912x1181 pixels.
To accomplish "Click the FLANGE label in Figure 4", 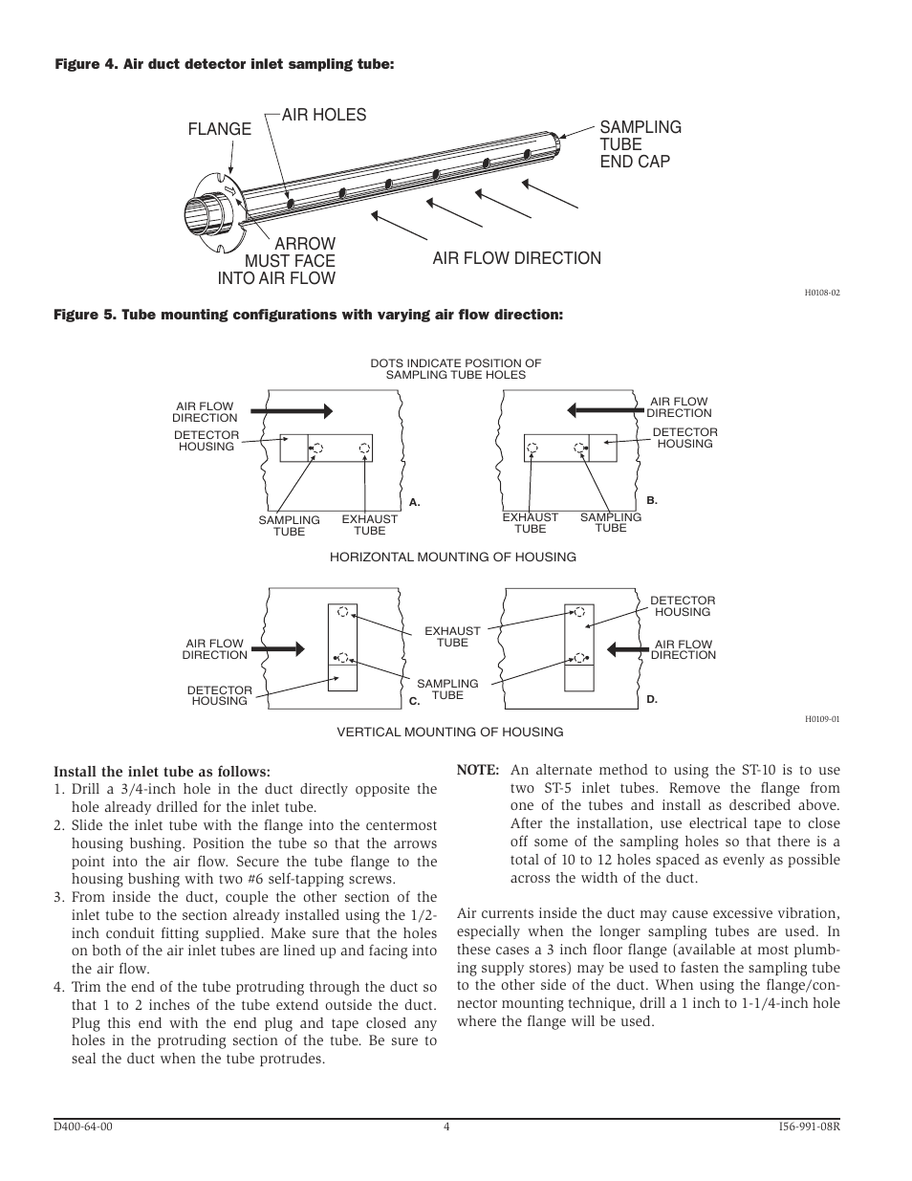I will [220, 129].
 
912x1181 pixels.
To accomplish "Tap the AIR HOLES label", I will [323, 115].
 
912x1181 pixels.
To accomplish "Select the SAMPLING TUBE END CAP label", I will [641, 144].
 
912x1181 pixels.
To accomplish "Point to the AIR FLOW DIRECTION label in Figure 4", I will [516, 258].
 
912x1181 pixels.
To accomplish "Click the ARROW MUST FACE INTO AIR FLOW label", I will [276, 261].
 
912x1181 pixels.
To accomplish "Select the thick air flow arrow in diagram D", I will [627, 648].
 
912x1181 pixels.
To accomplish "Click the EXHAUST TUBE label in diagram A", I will [370, 525].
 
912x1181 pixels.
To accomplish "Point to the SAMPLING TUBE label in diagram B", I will [611, 522].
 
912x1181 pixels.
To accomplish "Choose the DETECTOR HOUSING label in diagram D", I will [683, 606].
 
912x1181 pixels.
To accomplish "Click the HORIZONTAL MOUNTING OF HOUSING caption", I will [453, 557].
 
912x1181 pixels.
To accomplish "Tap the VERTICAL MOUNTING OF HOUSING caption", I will [449, 732].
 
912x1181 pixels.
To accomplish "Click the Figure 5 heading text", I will [309, 314].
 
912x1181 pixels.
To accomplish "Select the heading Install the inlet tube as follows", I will [163, 771].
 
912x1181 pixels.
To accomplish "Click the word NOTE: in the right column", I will [478, 770].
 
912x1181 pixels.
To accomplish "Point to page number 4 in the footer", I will [446, 1126].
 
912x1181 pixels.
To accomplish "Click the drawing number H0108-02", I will [822, 293].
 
